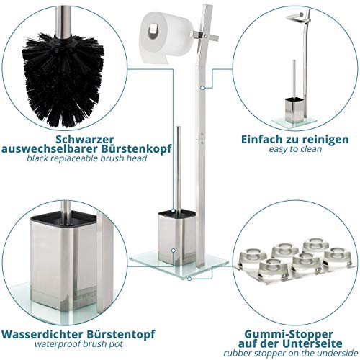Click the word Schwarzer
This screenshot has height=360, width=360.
click(85, 139)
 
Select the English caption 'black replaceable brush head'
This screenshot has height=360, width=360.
click(86, 158)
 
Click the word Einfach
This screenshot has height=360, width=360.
click(261, 140)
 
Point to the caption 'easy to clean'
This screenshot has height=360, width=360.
click(295, 149)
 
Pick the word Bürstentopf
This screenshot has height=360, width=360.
click(121, 335)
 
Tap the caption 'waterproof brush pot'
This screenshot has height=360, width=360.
click(78, 344)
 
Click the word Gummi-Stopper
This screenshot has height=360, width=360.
click(289, 335)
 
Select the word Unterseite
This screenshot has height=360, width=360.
click(312, 343)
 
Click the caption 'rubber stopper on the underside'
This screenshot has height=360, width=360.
click(291, 354)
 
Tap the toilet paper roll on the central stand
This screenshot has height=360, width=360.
click(166, 37)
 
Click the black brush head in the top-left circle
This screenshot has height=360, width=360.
click(63, 81)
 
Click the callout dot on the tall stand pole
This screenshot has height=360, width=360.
click(202, 88)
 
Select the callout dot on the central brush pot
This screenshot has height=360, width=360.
click(174, 251)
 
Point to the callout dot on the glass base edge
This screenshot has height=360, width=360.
click(189, 279)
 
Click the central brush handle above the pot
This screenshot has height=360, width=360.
click(178, 168)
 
